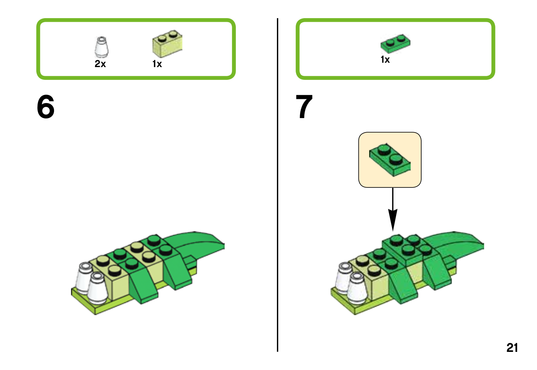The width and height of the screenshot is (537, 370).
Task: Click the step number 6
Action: pyautogui.click(x=46, y=107)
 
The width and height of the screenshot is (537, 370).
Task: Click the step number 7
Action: pyautogui.click(x=304, y=107)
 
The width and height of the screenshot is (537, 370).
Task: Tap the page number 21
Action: pyautogui.click(x=512, y=348)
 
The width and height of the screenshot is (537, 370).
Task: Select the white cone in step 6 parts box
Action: pyautogui.click(x=101, y=48)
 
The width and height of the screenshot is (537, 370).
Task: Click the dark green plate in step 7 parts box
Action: pyautogui.click(x=395, y=43)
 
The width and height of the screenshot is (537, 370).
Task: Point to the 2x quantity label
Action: pyautogui.click(x=100, y=64)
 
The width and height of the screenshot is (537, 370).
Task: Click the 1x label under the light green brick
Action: pyautogui.click(x=157, y=64)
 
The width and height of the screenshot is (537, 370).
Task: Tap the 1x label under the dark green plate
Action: pyautogui.click(x=385, y=60)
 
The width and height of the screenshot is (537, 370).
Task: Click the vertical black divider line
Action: pyautogui.click(x=278, y=184)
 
